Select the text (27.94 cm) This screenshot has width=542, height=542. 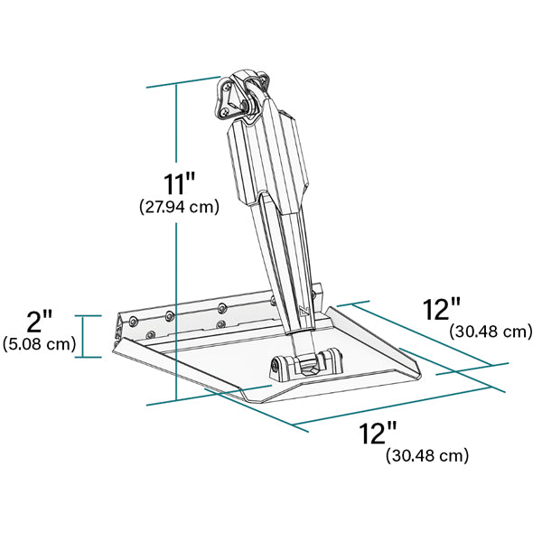179,207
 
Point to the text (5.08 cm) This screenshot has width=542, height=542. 39,344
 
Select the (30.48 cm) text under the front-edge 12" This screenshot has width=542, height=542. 427,456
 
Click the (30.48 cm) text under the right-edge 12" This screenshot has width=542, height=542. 491,332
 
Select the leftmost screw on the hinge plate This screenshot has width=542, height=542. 134,322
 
